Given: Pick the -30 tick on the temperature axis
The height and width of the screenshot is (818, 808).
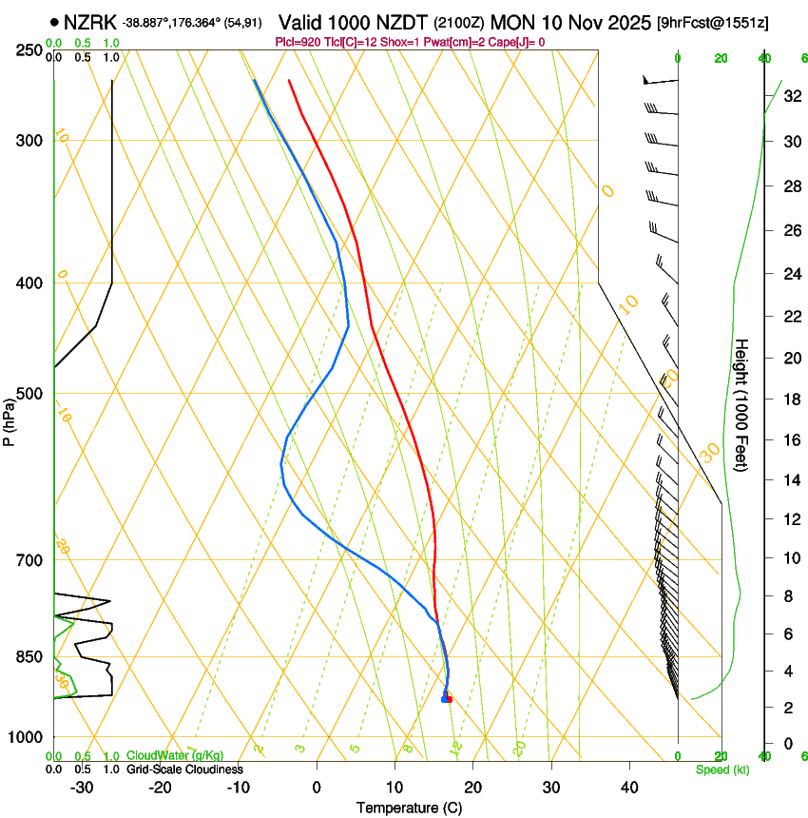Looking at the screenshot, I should click(82, 787).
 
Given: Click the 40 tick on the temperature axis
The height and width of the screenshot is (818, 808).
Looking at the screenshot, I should click(628, 787).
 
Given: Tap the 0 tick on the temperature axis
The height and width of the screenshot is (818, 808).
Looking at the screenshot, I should click(317, 787).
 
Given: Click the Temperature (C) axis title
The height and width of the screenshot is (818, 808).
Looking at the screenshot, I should click(409, 808).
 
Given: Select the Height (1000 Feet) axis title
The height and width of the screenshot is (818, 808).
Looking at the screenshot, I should click(741, 404).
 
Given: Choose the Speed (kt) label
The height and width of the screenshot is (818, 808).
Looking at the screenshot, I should click(721, 769).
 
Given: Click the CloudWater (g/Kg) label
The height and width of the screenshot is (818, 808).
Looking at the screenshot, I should click(175, 756).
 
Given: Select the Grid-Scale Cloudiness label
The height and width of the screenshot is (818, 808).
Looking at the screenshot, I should click(184, 769).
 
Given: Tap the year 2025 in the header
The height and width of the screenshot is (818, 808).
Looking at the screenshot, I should click(625, 21).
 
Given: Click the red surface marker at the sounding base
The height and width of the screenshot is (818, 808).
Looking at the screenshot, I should click(449, 700).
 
